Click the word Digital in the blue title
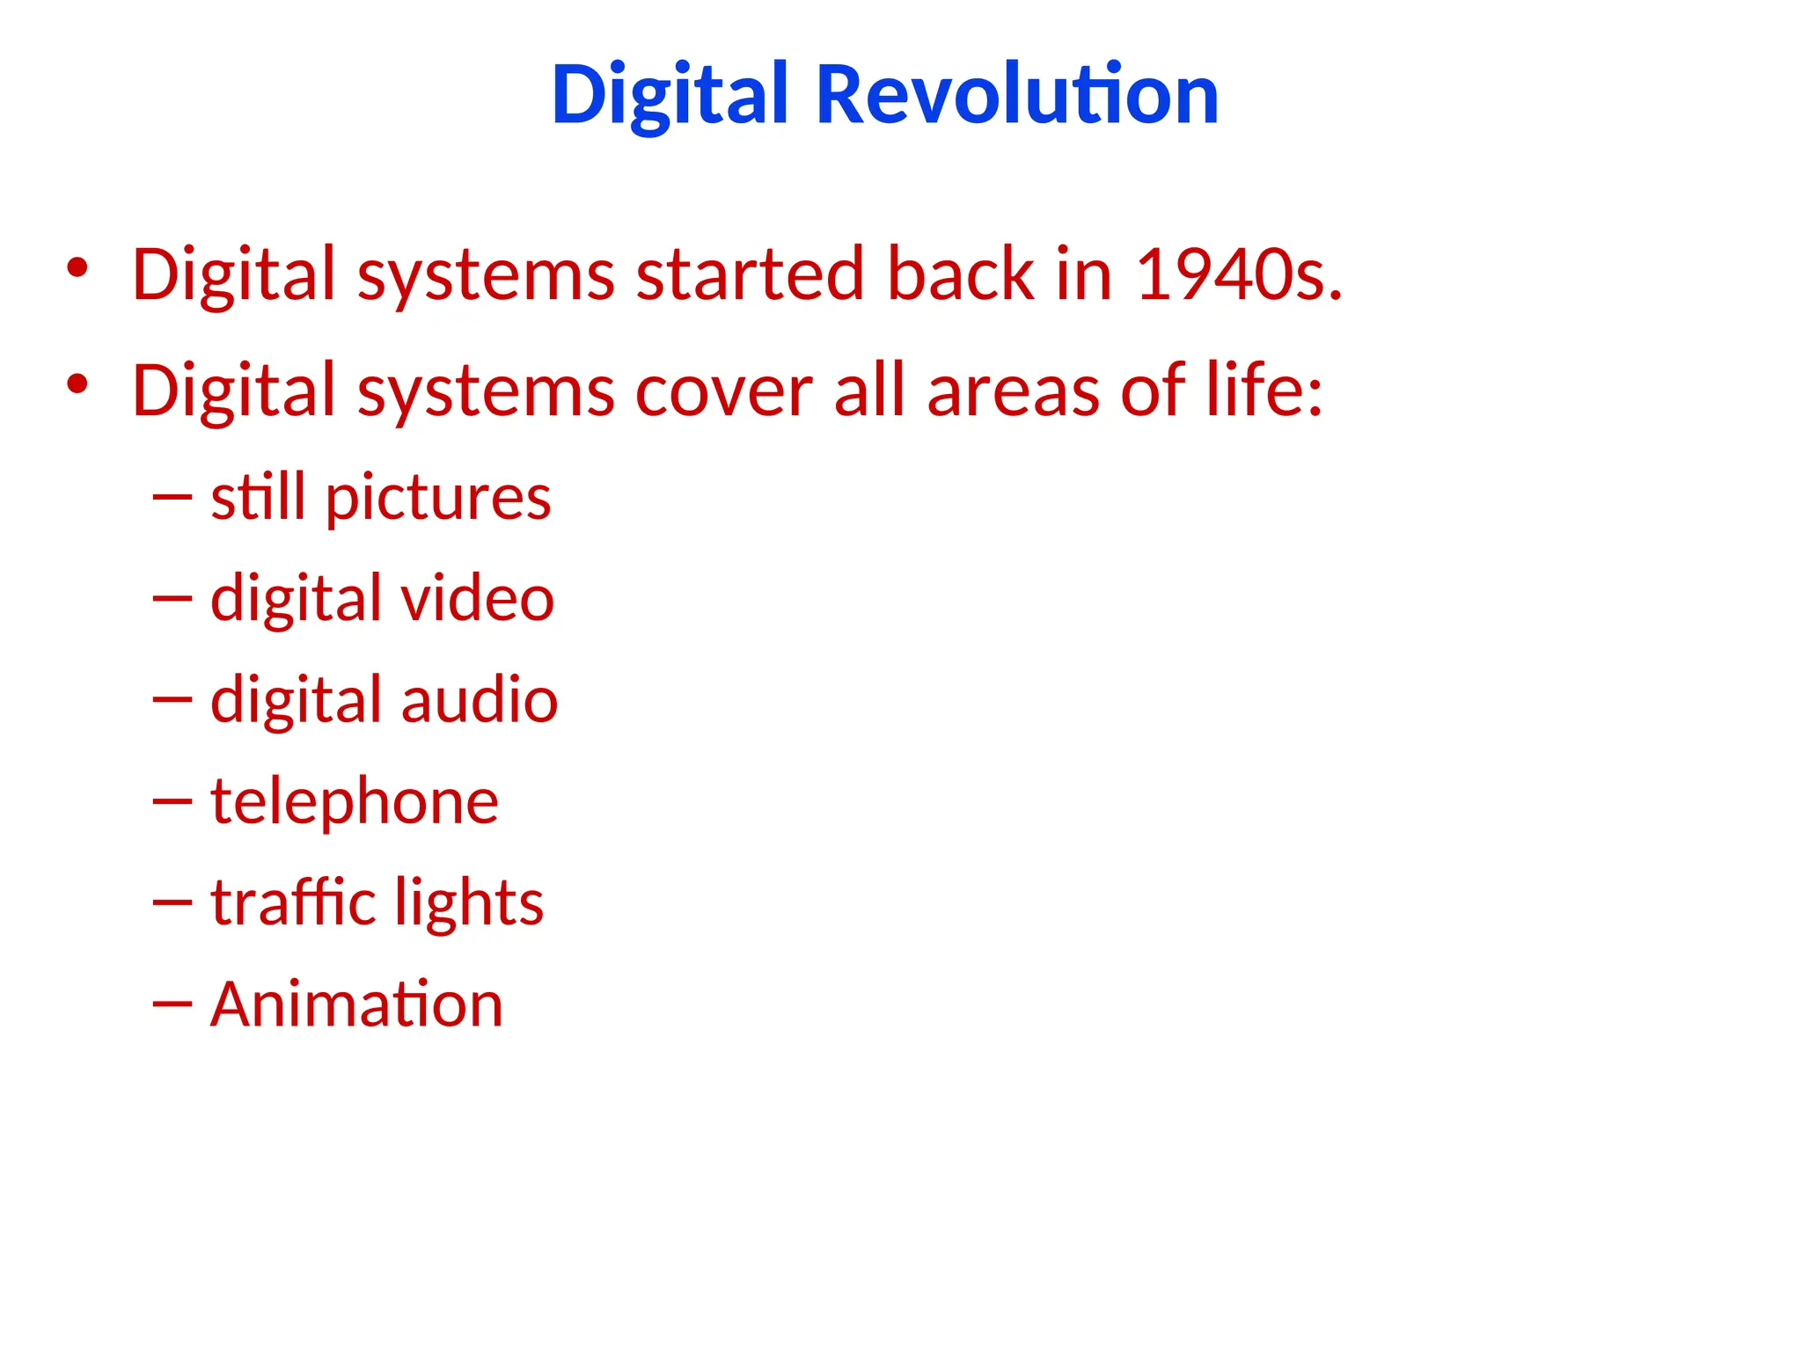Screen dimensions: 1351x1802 tap(669, 95)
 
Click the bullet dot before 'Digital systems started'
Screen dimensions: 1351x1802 tap(77, 268)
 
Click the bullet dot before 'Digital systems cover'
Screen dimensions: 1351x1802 tap(77, 384)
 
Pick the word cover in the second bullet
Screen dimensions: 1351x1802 tap(723, 391)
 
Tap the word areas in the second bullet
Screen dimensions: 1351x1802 tap(1012, 391)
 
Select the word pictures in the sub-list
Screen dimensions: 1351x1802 tap(437, 500)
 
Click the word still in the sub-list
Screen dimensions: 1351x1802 tap(258, 498)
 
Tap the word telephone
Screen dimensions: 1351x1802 tap(355, 803)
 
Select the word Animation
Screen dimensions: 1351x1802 tap(356, 1004)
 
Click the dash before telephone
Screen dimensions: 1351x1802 tap(172, 801)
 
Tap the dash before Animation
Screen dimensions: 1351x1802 tap(172, 1004)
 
